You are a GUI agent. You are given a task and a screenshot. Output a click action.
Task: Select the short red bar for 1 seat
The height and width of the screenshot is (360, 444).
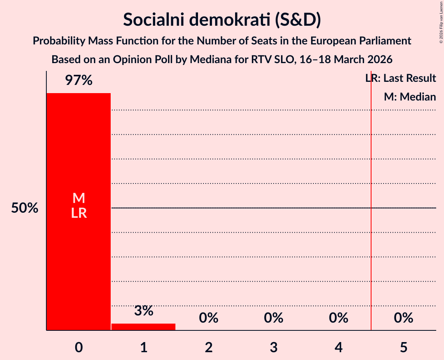(143, 327)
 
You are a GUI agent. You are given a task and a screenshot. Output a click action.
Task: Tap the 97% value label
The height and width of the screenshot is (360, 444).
(78, 81)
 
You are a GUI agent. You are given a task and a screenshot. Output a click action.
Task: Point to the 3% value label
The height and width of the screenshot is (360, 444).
(143, 311)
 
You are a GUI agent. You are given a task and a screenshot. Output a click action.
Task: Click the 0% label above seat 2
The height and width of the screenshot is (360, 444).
(209, 318)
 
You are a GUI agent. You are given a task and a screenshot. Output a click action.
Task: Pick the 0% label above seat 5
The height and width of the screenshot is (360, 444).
(403, 318)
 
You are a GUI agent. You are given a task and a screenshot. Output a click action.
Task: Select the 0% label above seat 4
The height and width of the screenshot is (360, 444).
(338, 318)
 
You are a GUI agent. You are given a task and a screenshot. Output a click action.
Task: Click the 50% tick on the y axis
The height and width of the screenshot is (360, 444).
(25, 208)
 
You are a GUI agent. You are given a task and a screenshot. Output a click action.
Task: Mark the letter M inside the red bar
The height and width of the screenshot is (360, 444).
(78, 198)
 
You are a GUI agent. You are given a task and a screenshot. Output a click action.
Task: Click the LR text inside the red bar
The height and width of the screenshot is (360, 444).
(78, 213)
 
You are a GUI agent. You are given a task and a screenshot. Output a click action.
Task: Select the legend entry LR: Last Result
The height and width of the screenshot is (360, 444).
(400, 78)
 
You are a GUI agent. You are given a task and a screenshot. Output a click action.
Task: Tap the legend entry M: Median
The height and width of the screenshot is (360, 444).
(410, 97)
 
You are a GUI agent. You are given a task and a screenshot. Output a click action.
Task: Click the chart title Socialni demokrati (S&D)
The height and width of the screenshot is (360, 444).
(222, 19)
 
